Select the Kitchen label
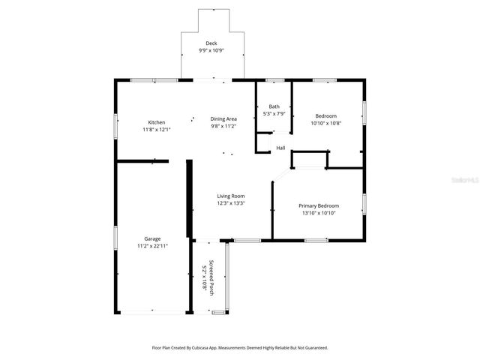[x=156, y=122]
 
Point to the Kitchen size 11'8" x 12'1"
[x=156, y=130]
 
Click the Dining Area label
[x=223, y=119]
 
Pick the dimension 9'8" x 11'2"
[x=223, y=127]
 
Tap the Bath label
[x=274, y=106]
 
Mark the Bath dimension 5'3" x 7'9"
[x=274, y=114]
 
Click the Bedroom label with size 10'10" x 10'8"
[x=325, y=115]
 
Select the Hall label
[x=280, y=148]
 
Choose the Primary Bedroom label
[x=319, y=205]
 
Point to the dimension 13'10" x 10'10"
[x=319, y=213]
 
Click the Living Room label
[x=231, y=196]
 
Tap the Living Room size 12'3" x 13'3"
[x=231, y=203]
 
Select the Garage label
[x=152, y=238]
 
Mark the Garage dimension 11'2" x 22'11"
[x=152, y=246]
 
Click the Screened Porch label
[x=211, y=277]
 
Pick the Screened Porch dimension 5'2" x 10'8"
[x=203, y=277]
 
